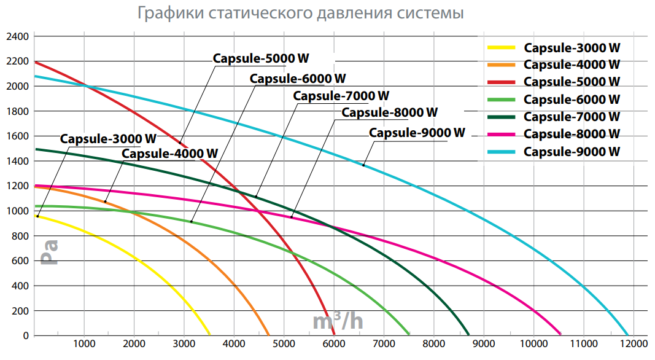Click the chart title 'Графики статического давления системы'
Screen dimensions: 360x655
301,13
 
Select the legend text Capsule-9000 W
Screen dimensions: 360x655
572,151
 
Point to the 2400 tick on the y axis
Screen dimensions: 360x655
17,36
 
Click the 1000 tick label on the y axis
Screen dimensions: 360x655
17,211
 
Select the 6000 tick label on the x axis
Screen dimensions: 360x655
334,343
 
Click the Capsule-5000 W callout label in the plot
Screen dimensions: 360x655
260,58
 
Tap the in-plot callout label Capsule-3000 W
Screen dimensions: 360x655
108,138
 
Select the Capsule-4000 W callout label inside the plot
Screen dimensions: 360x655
170,153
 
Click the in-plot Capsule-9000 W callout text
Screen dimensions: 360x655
417,133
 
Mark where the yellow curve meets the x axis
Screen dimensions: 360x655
210,335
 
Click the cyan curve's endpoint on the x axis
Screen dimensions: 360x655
627,335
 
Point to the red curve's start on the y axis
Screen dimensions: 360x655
36,61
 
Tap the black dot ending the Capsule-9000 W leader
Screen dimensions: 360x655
363,165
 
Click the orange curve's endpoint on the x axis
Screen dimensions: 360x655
269,335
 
